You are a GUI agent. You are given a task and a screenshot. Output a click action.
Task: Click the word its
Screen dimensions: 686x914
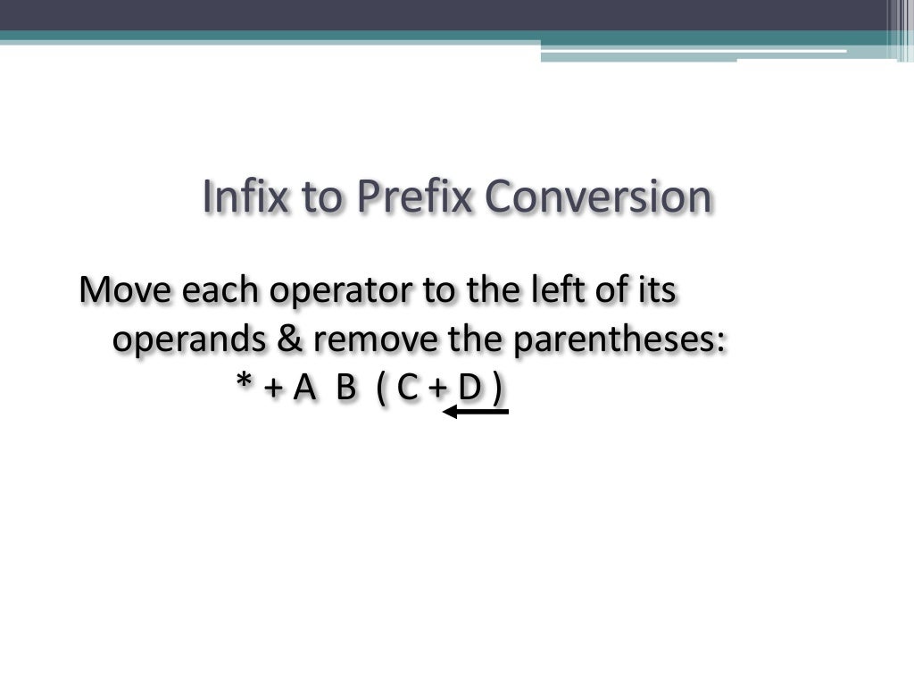point(657,291)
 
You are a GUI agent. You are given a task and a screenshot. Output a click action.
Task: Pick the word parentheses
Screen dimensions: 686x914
point(611,340)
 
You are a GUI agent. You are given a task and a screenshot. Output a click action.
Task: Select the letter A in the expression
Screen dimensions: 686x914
point(305,389)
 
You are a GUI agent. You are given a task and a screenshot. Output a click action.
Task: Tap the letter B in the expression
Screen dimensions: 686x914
point(346,389)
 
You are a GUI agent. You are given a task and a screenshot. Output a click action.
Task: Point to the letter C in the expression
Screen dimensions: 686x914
point(407,389)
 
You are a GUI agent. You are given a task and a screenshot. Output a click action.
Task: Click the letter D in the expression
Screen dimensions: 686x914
point(469,389)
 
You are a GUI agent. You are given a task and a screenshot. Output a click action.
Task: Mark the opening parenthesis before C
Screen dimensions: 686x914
point(382,389)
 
